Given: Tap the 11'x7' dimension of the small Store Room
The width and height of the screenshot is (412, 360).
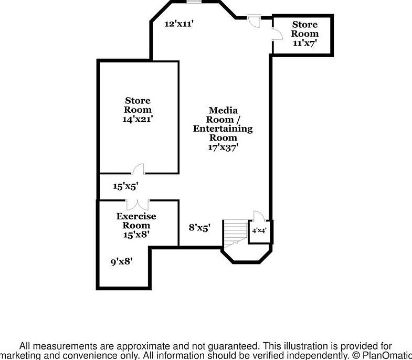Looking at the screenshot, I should click(x=304, y=43).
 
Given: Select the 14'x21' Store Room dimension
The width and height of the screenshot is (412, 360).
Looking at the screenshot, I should click(x=138, y=119).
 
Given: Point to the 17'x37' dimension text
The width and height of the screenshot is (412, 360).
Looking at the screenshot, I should click(x=223, y=147).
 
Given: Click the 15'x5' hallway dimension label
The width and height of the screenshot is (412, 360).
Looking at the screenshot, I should click(x=125, y=186).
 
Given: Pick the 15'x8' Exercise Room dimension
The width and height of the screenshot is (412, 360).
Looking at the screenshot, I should click(x=136, y=235).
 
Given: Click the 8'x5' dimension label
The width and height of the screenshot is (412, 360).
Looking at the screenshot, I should click(x=199, y=228).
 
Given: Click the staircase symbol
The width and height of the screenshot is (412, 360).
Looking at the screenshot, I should click(x=234, y=234).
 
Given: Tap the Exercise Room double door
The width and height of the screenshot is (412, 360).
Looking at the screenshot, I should click(x=137, y=205).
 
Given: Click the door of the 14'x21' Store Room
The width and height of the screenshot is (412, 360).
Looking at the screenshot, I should click(x=139, y=168).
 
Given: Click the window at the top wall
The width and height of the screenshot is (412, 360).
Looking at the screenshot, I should click(x=194, y=2).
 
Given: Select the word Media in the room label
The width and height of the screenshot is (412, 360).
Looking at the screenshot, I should click(x=223, y=110).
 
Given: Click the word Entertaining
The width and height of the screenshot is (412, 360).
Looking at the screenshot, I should click(x=223, y=129).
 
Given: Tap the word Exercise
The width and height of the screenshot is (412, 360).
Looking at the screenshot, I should click(x=136, y=216).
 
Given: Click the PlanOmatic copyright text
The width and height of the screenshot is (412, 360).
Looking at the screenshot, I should click(x=381, y=355).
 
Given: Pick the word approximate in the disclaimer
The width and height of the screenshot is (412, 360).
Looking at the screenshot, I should click(x=139, y=346).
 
